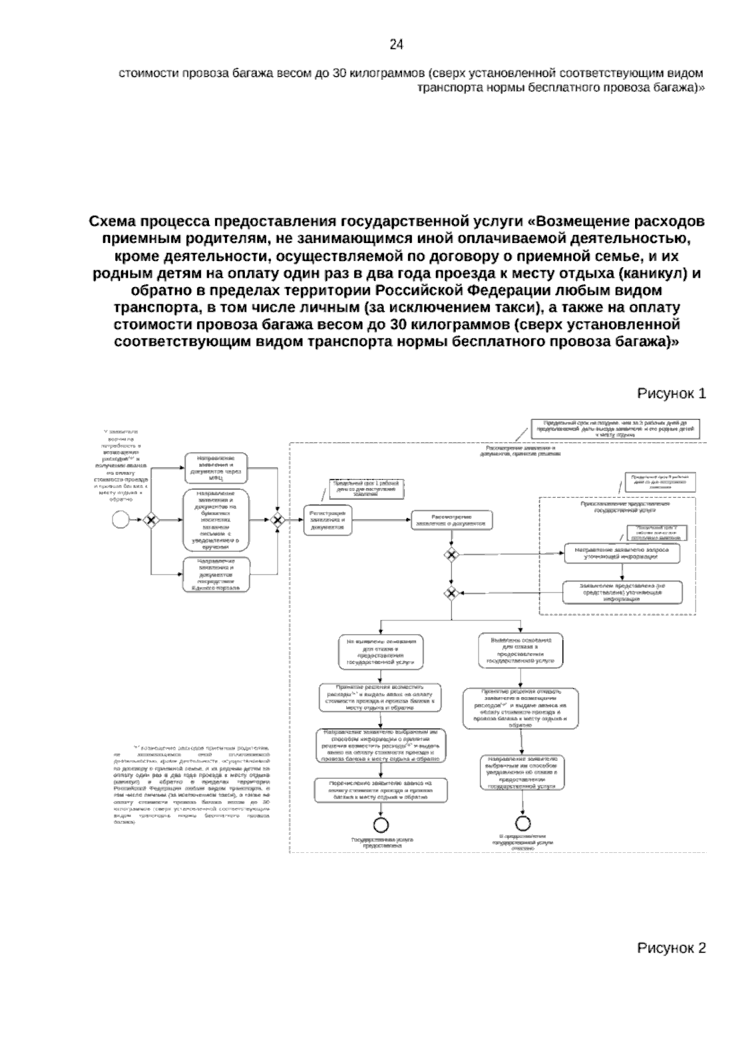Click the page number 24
click(396, 45)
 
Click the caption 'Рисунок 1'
click(671, 394)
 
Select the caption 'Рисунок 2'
click(671, 949)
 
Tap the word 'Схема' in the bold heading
click(113, 221)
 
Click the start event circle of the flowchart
click(121, 520)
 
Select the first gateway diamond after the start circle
click(150, 520)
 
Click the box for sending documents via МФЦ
click(216, 468)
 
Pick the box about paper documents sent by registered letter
click(216, 520)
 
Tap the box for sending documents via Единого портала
click(216, 575)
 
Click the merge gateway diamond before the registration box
click(278, 520)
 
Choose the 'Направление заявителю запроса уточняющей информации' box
click(621, 553)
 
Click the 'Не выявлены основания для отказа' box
click(381, 651)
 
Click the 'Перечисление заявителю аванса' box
click(381, 790)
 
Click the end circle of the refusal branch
click(523, 823)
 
